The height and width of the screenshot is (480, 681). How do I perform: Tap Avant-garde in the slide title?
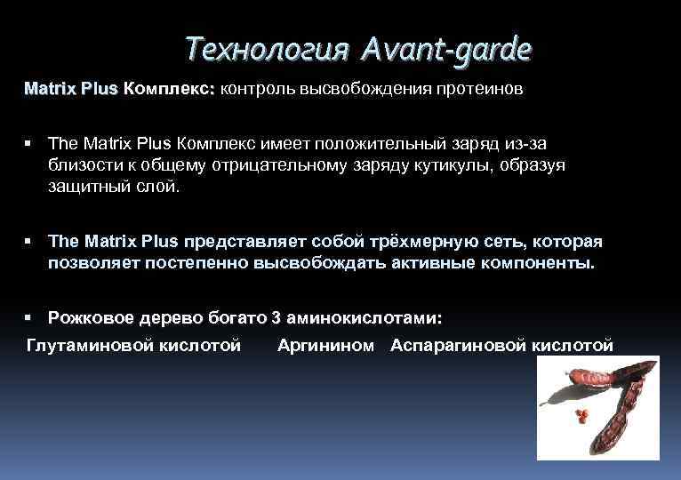[x=447, y=49]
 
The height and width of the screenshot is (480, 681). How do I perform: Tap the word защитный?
[x=89, y=188]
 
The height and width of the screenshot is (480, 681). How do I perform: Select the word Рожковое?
[x=87, y=317]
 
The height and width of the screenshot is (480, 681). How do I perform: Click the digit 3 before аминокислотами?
[x=276, y=317]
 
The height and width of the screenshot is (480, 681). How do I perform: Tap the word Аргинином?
[x=325, y=345]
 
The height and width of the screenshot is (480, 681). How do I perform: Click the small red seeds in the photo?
[x=581, y=415]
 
